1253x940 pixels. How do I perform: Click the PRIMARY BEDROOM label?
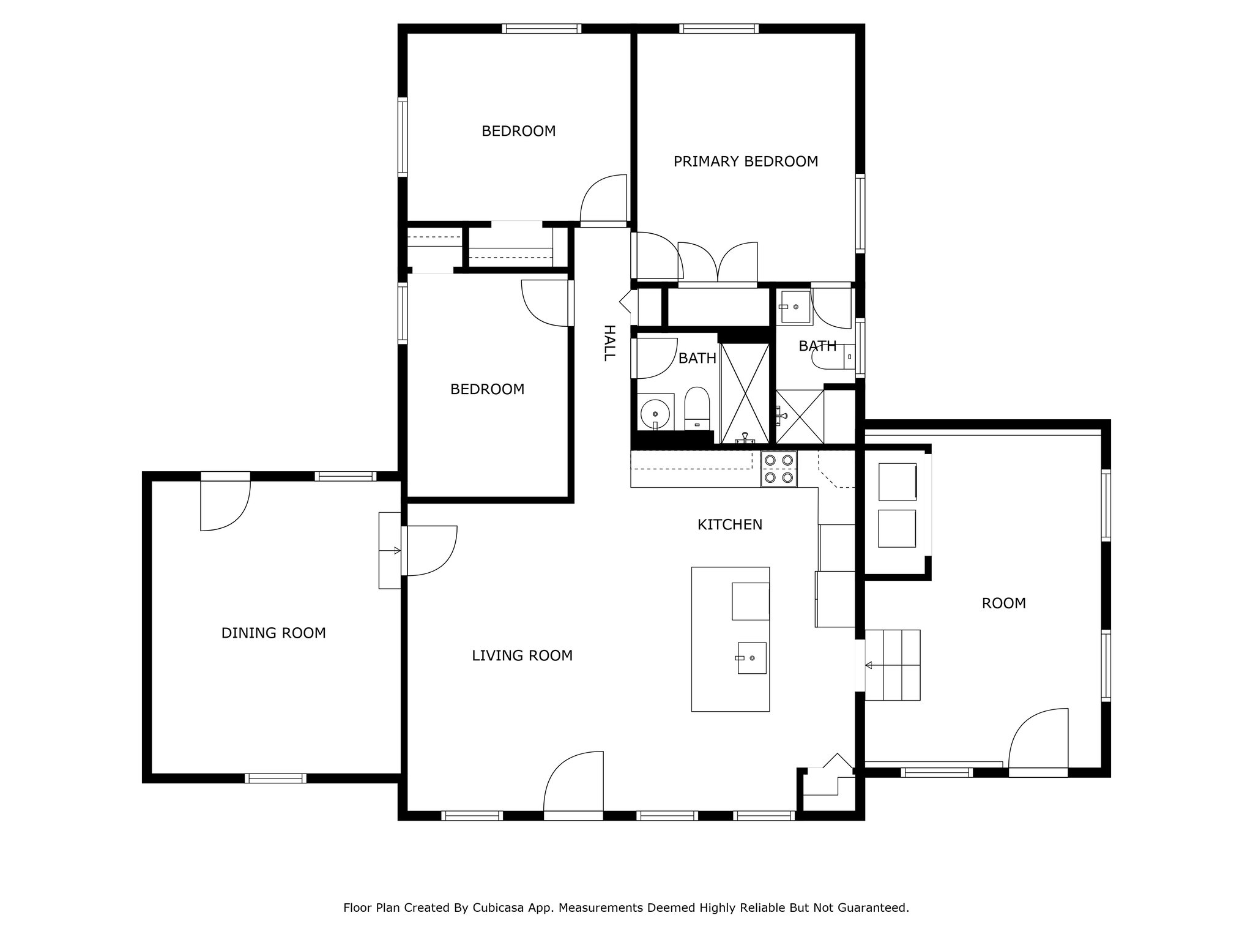point(746,162)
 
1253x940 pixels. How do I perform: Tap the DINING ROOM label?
point(273,633)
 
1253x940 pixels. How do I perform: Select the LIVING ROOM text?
point(522,656)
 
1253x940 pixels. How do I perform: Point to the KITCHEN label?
point(730,525)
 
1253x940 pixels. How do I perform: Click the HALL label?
point(609,343)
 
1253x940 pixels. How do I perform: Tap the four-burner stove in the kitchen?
point(779,469)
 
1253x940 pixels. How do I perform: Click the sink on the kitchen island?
point(752,658)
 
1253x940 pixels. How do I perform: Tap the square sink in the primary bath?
point(794,307)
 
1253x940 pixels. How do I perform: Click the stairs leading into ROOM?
point(893,665)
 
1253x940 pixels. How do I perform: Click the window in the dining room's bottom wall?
point(275,778)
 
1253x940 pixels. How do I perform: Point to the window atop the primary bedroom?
point(719,28)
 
